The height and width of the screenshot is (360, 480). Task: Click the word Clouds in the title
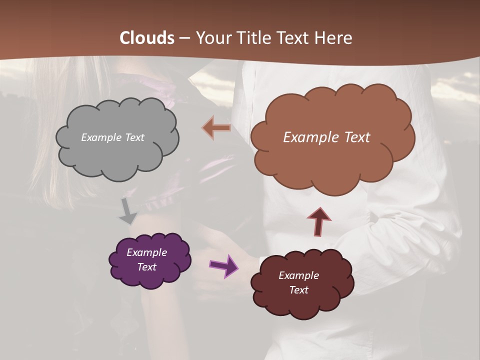point(147,38)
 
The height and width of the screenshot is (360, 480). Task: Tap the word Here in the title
point(333,38)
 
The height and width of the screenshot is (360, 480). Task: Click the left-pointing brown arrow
point(216,128)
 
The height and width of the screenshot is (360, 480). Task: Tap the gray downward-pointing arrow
point(128,212)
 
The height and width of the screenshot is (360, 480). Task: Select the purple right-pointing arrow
point(223,265)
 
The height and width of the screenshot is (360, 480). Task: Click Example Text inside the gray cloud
point(112,137)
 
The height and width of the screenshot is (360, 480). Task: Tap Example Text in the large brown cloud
point(326,137)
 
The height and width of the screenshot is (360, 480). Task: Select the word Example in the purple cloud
point(146,252)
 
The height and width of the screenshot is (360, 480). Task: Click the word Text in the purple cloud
point(147,267)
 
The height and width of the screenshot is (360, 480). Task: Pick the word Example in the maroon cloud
point(298,275)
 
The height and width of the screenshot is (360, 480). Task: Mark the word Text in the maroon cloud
point(298,290)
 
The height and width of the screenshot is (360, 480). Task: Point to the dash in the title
point(184,38)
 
